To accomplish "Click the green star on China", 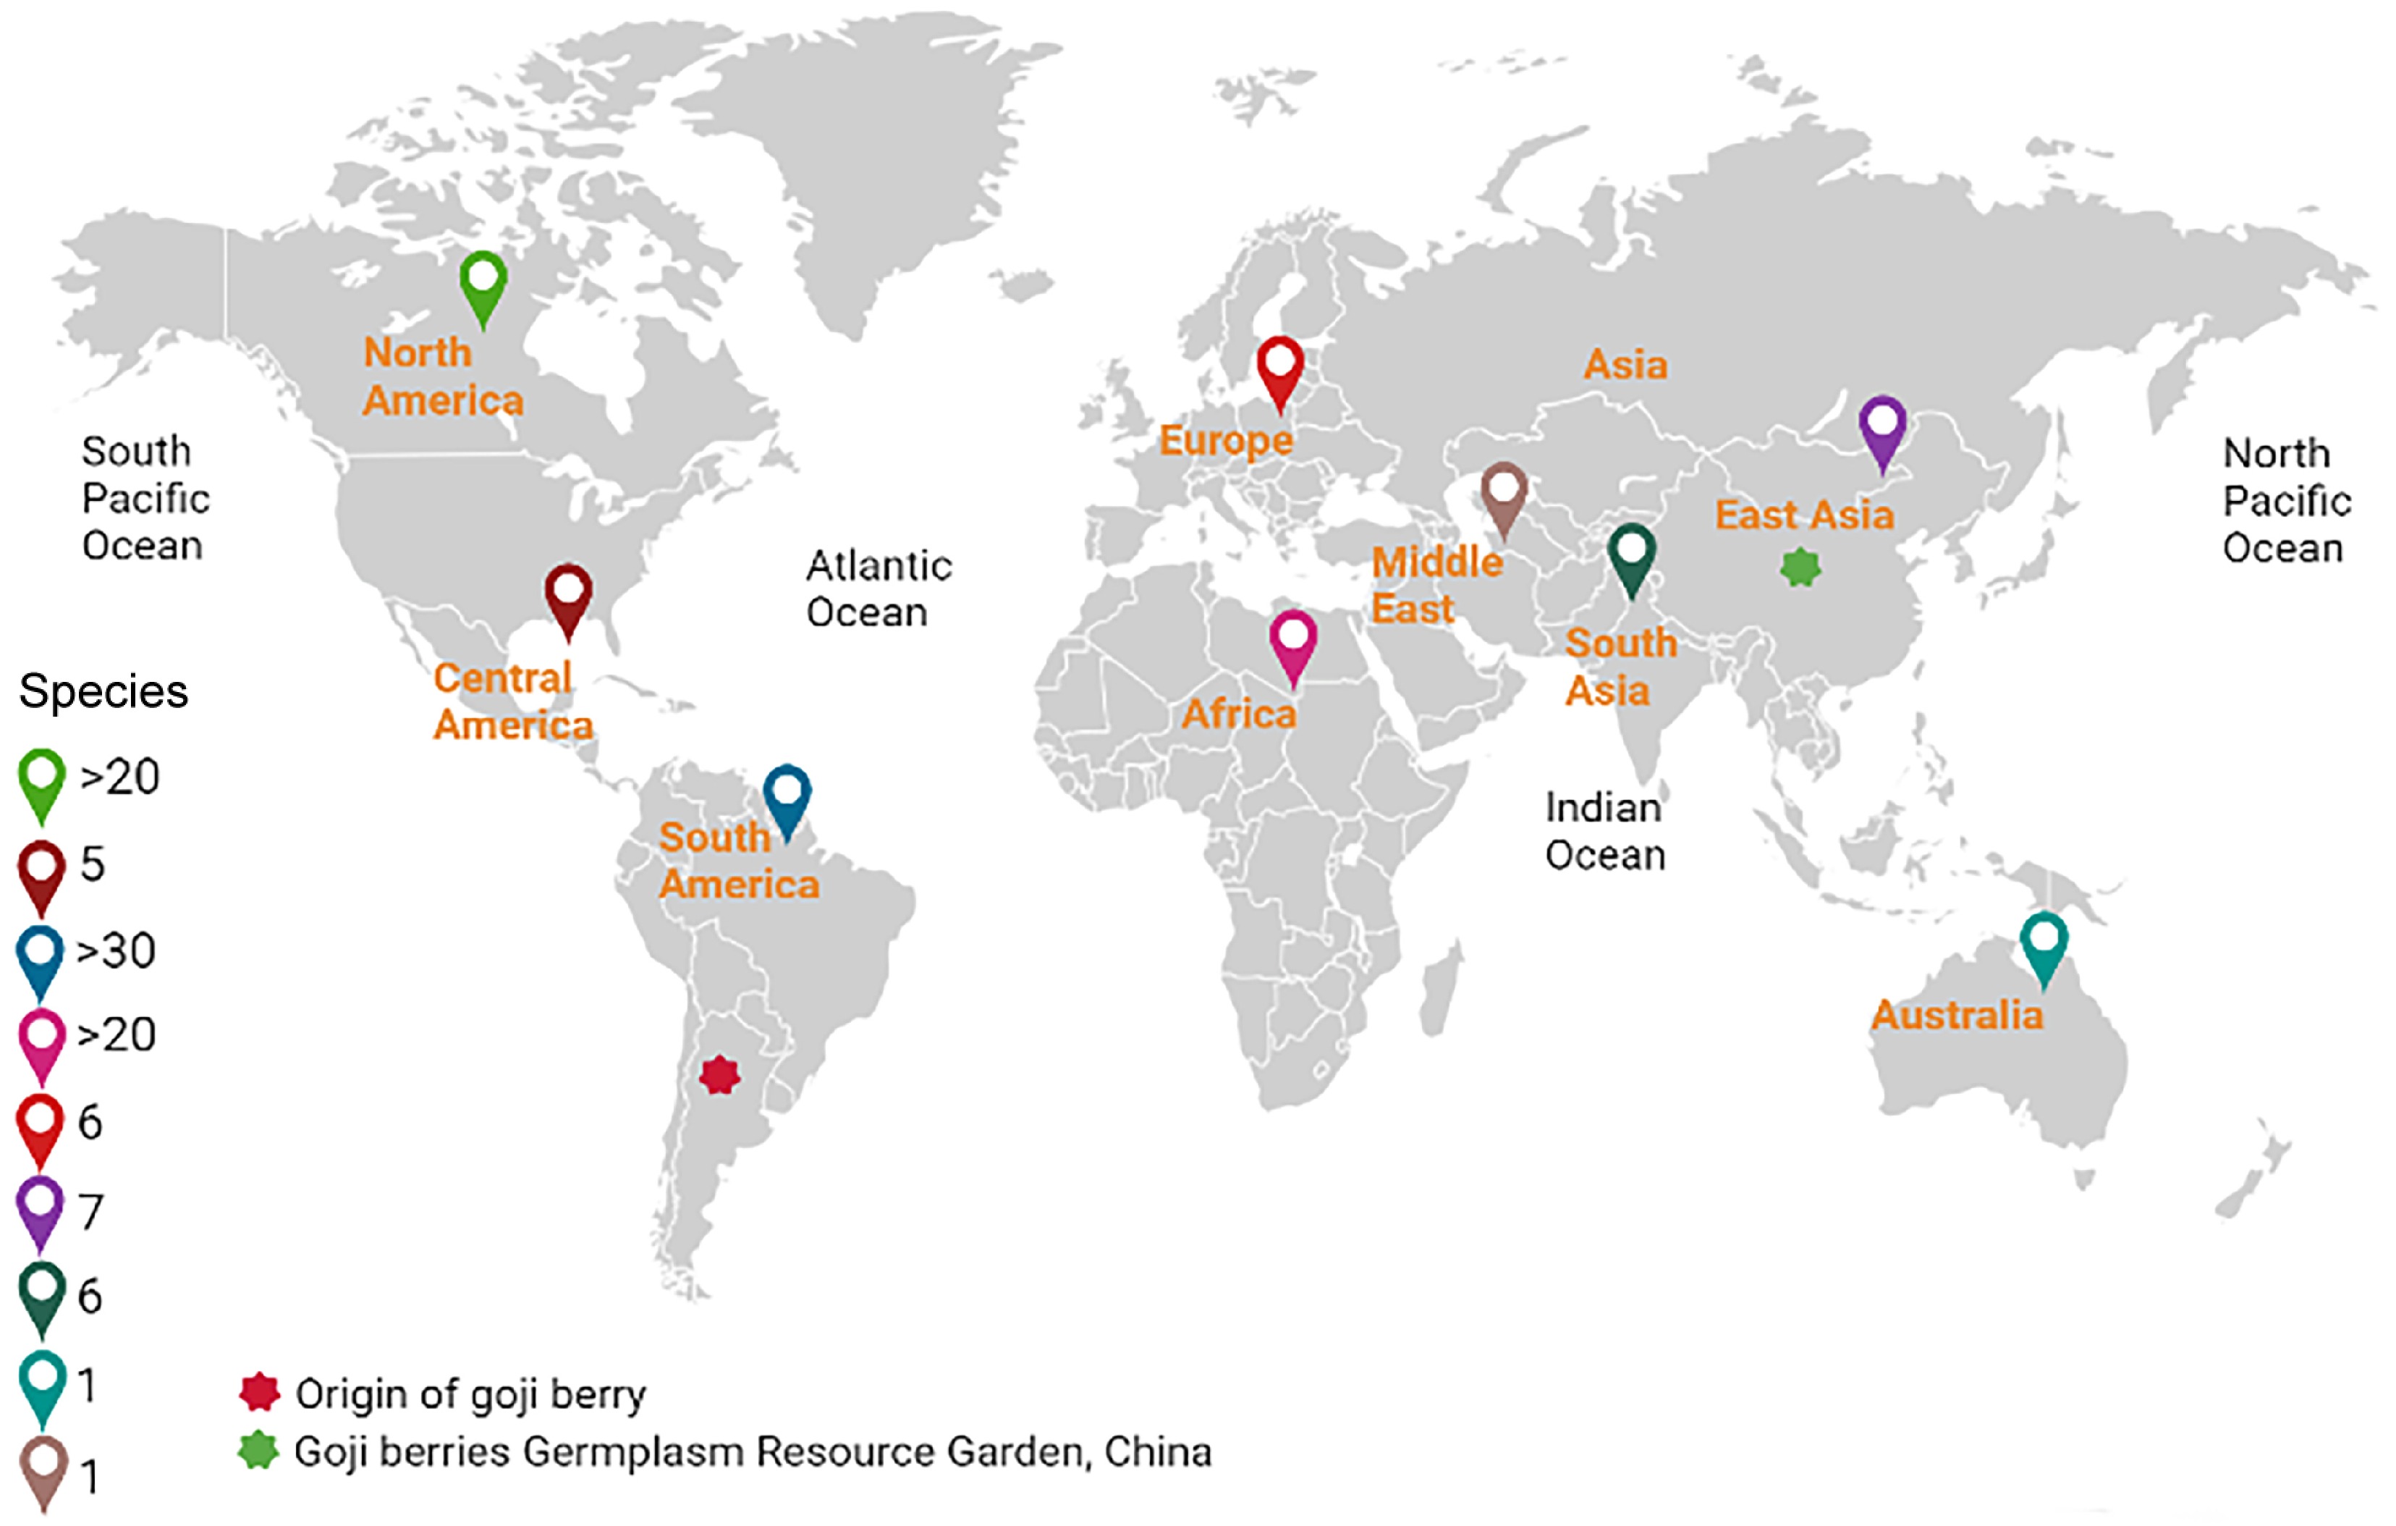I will (1799, 568).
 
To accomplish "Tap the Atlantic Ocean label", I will (878, 589).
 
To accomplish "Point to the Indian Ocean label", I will (1604, 831).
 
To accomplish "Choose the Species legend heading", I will (103, 691).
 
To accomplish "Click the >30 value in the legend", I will (117, 950).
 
